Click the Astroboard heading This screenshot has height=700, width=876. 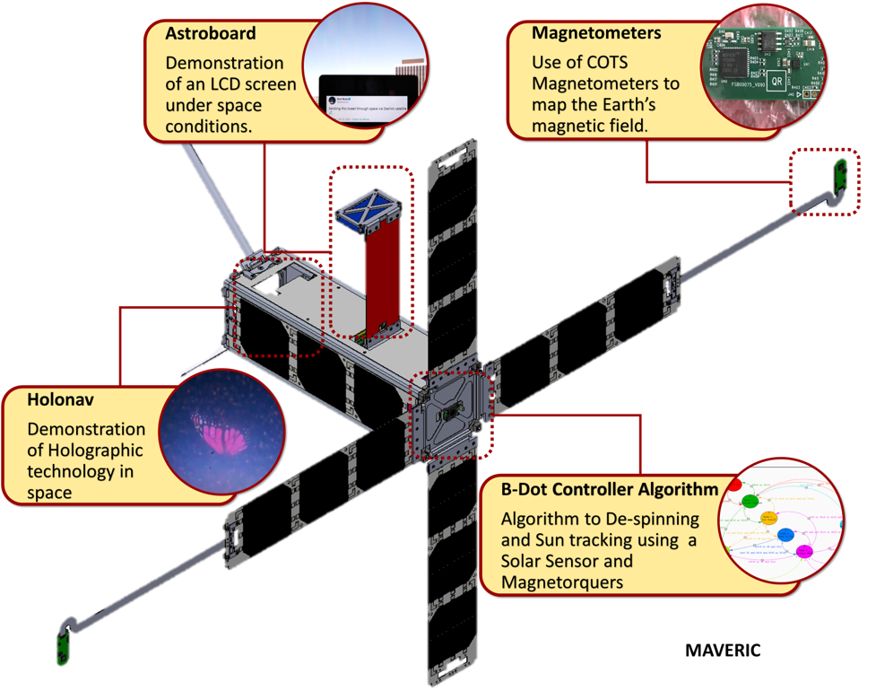click(211, 33)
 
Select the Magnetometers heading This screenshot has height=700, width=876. click(596, 33)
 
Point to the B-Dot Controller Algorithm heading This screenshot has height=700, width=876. click(610, 490)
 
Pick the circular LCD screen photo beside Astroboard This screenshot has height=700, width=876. click(363, 72)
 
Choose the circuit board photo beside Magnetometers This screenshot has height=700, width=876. click(769, 63)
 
